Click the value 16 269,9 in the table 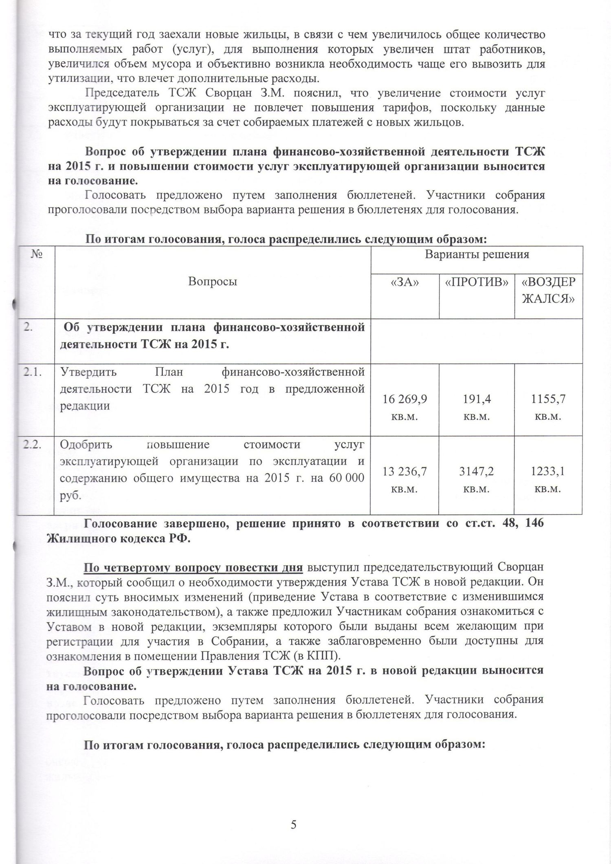(x=404, y=399)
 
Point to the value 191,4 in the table (x=476, y=399)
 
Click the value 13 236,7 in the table (x=404, y=472)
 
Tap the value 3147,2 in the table (x=476, y=472)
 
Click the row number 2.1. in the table (x=34, y=372)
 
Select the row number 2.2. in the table (x=34, y=445)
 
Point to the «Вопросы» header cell (x=213, y=282)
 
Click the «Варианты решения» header (x=477, y=255)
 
